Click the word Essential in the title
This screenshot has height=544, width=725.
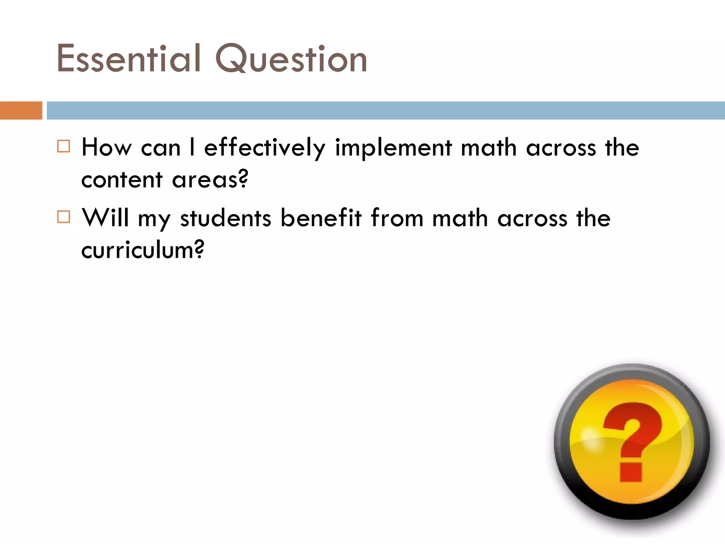129,59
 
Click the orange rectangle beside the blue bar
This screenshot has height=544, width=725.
21,110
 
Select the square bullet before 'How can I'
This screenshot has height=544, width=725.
64,146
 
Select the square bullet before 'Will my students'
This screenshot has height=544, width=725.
64,216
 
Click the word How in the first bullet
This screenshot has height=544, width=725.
107,147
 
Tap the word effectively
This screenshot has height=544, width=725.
264,148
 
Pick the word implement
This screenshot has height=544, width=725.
393,148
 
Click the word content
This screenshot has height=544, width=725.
122,180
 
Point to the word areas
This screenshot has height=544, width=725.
210,180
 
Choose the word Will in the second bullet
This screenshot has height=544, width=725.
105,217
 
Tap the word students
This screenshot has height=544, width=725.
226,218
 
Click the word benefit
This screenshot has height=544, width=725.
321,217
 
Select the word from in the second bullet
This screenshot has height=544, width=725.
397,217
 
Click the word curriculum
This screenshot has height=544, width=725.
142,250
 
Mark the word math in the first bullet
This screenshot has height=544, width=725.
489,147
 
